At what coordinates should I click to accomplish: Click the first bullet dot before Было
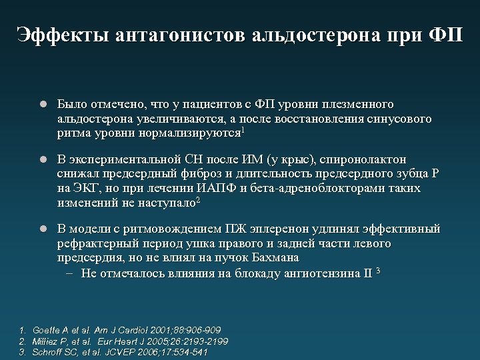point(41,105)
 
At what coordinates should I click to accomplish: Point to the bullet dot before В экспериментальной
point(41,160)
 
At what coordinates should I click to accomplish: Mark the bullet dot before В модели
point(41,229)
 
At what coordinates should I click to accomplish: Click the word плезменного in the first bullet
point(359,105)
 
